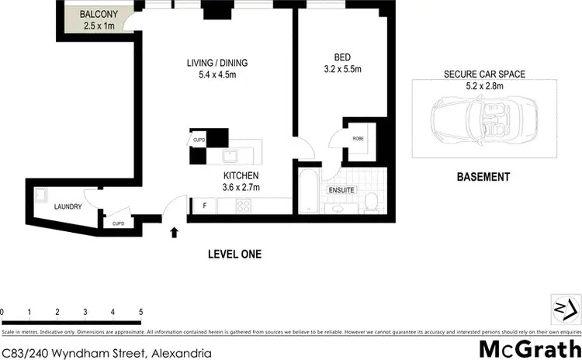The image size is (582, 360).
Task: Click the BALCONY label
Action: point(98,14)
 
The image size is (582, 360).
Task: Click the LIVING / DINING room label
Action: point(217,63)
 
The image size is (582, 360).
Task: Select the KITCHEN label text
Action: point(241,176)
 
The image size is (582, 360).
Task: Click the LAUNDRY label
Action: point(68,207)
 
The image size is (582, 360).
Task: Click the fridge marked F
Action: point(204,206)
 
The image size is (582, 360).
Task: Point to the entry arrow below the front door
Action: point(174,231)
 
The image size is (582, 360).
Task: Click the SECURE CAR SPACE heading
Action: point(484,74)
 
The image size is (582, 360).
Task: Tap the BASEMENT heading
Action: point(483,177)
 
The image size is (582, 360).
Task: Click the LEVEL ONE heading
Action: point(234,254)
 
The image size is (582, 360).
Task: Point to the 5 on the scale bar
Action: point(140,312)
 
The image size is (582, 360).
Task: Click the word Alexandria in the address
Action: point(181,353)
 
